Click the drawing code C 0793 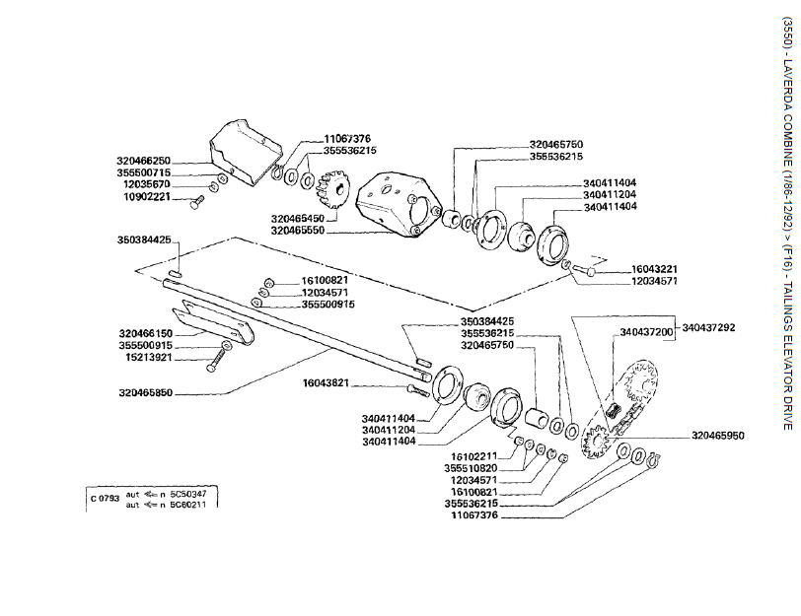(102, 499)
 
